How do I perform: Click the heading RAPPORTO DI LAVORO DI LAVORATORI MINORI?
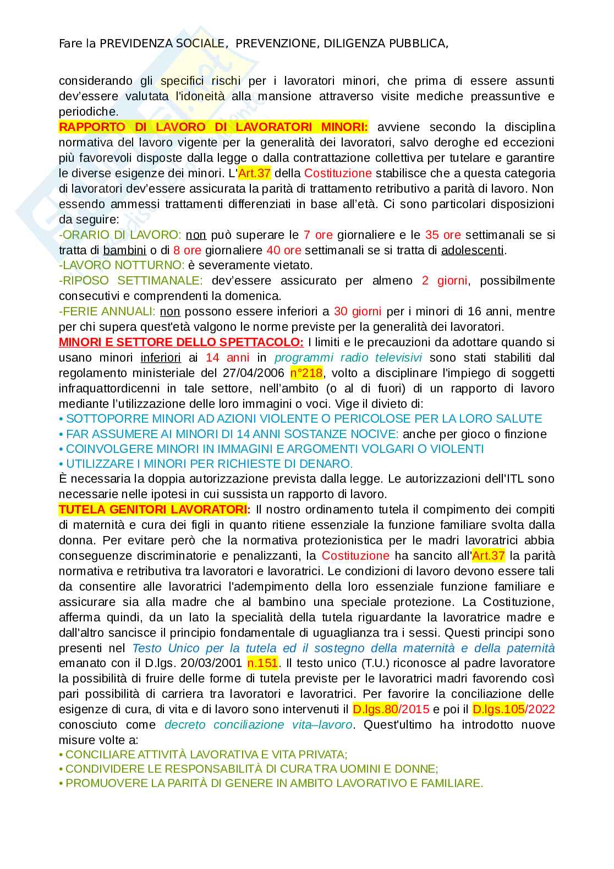[x=213, y=127]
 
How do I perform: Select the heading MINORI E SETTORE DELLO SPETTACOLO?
[x=181, y=342]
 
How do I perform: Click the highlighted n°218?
[x=306, y=373]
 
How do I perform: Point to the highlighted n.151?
[x=262, y=663]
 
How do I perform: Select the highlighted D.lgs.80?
[x=375, y=709]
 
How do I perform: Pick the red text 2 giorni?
[x=445, y=281]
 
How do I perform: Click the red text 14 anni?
[x=227, y=358]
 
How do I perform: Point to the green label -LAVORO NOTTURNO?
[x=122, y=265]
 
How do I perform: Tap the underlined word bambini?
[x=124, y=250]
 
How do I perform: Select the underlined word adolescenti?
[x=473, y=250]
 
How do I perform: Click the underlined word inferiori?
[x=161, y=358]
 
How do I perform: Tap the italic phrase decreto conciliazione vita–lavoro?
[x=259, y=725]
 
